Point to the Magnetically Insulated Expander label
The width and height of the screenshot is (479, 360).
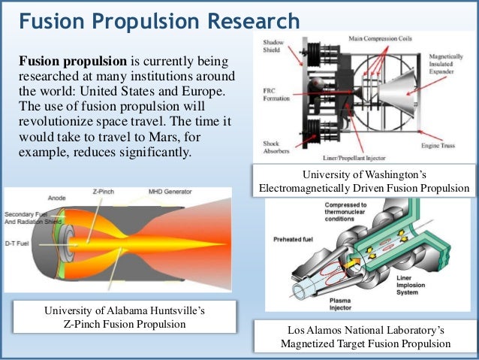click(447, 67)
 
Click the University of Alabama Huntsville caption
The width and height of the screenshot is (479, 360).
click(124, 316)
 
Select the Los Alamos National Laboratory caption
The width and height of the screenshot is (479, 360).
click(366, 336)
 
